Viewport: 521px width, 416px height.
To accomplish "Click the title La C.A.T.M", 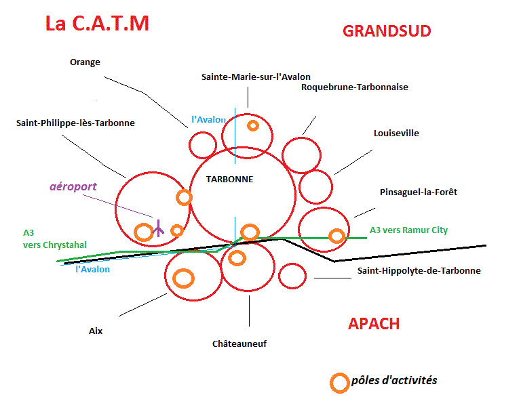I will tap(97, 24).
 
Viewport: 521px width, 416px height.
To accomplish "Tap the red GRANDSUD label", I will tap(387, 31).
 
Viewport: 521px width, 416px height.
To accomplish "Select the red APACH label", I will tap(374, 323).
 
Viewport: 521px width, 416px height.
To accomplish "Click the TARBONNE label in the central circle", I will tap(230, 180).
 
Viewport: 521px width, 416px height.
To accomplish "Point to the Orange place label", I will tap(85, 62).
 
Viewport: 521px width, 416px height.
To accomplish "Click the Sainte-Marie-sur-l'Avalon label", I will tap(256, 77).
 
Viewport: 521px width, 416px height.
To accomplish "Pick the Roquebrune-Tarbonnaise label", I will tap(355, 87).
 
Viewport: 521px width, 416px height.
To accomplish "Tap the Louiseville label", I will tap(396, 133).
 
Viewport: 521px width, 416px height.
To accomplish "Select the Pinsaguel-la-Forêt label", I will tap(419, 192).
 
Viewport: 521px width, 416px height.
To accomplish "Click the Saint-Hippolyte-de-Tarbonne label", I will tap(419, 270).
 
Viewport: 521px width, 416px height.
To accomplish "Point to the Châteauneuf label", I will tap(239, 344).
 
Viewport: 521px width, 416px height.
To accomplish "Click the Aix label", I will tap(95, 331).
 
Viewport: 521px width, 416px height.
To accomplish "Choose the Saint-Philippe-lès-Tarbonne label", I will tap(75, 123).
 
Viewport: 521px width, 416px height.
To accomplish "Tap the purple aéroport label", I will tap(73, 186).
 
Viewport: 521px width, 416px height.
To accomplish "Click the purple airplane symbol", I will tap(158, 228).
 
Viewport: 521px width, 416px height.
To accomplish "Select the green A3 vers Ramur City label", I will tap(408, 230).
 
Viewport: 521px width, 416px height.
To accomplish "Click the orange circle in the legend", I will tap(339, 383).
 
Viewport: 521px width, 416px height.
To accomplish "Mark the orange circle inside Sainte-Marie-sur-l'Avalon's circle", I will tap(253, 125).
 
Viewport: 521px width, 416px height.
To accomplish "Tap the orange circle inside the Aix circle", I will tap(183, 278).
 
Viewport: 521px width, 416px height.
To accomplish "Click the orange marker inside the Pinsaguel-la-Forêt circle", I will tap(336, 236).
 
